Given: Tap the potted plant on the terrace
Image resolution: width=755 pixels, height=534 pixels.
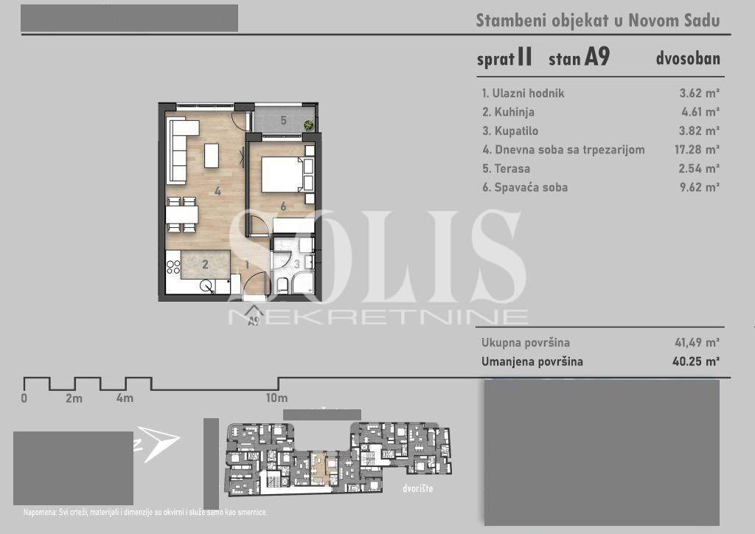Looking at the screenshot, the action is click(x=308, y=125).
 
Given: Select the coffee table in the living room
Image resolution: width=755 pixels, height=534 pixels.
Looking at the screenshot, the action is click(x=212, y=156).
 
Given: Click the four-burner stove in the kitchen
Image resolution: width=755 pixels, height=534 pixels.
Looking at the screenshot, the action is click(x=173, y=267).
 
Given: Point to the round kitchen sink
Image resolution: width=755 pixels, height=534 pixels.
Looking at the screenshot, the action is click(x=206, y=286).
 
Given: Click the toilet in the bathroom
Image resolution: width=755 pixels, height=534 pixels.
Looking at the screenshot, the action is click(x=282, y=285).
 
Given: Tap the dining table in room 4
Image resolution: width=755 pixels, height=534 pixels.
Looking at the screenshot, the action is click(x=181, y=215).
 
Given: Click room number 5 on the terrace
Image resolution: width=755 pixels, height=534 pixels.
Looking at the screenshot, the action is click(x=284, y=120).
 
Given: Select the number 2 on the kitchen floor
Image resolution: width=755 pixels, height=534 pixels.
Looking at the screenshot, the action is click(x=205, y=264).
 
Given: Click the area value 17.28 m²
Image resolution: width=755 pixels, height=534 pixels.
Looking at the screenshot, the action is click(x=697, y=149).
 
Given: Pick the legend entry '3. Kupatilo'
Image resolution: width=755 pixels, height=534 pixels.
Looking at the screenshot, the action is click(x=510, y=131).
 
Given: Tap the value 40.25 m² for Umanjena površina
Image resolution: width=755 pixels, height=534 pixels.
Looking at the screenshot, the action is click(x=696, y=361).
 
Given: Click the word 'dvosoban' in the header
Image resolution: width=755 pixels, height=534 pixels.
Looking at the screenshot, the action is click(x=688, y=58).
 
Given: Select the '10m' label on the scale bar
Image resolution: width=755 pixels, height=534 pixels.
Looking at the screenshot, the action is click(x=277, y=398).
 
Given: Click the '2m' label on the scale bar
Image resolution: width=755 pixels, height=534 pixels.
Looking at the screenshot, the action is click(x=74, y=398).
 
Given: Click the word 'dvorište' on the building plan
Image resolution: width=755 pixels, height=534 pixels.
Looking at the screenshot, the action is click(x=417, y=488).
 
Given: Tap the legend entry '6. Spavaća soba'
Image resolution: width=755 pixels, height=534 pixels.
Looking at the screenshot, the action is click(x=525, y=187).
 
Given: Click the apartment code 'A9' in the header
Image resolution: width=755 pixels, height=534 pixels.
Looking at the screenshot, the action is click(x=597, y=57).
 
